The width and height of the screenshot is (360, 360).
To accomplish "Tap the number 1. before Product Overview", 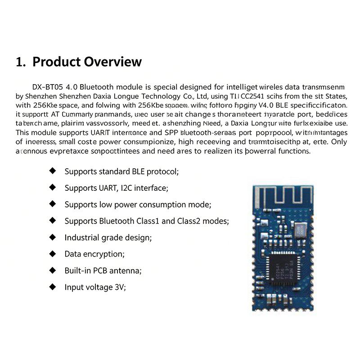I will pyautogui.click(x=21, y=62).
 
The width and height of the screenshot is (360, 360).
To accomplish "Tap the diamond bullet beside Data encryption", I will pyautogui.click(x=53, y=254).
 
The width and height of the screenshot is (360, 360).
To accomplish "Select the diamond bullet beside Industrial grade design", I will pyautogui.click(x=53, y=237).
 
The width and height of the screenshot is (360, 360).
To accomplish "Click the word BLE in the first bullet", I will pyautogui.click(x=139, y=171).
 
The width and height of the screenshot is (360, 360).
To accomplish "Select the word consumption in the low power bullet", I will pyautogui.click(x=161, y=204).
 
